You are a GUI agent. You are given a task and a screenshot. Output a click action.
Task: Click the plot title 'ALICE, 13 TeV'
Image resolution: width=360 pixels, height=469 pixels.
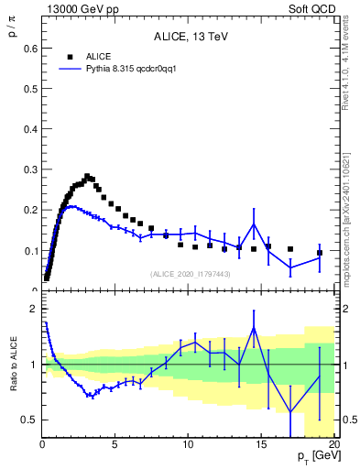(189, 37)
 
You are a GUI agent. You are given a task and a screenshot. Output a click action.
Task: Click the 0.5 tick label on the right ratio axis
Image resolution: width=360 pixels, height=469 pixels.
(349, 420)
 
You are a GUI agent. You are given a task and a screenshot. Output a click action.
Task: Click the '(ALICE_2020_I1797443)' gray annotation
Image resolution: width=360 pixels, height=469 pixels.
(191, 273)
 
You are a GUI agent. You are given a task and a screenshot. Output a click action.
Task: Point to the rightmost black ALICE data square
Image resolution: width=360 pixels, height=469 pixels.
(320, 253)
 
